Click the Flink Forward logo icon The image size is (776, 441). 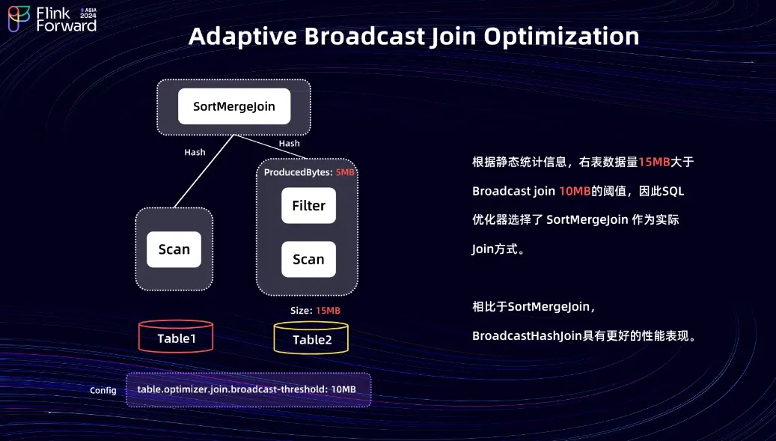19,19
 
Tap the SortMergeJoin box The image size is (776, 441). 234,106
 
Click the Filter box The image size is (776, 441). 308,205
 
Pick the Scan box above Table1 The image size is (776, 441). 174,249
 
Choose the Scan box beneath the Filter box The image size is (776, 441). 308,259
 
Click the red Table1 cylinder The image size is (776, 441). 177,338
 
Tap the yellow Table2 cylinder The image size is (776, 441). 311,338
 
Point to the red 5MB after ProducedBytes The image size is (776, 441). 345,172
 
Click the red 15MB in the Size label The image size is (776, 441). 328,310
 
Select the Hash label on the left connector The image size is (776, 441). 195,152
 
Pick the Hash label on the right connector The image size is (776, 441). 289,143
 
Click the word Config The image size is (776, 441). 103,390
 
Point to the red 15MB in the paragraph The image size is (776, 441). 654,162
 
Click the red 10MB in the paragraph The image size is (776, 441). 575,191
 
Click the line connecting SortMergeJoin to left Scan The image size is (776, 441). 204,172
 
